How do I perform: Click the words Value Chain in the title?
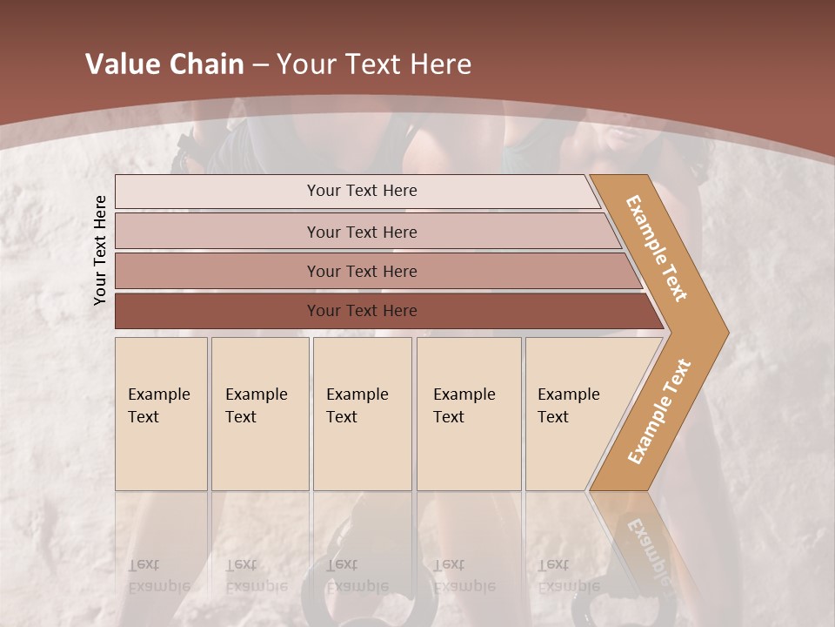[x=164, y=64]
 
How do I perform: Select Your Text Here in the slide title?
[x=374, y=64]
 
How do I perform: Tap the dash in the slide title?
[x=260, y=65]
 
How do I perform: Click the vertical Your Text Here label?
[x=100, y=250]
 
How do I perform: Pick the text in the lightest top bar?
[x=362, y=191]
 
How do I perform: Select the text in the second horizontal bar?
[x=362, y=232]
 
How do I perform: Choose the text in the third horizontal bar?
[x=362, y=271]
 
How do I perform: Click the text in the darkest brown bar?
[x=362, y=310]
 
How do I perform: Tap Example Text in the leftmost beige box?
[x=158, y=405]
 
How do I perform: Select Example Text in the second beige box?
[x=256, y=405]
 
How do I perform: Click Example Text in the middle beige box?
[x=357, y=405]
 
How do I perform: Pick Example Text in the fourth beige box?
[x=464, y=405]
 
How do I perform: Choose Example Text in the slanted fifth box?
[x=568, y=405]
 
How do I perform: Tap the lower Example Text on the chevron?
[x=659, y=411]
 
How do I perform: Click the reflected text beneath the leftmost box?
[x=158, y=575]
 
